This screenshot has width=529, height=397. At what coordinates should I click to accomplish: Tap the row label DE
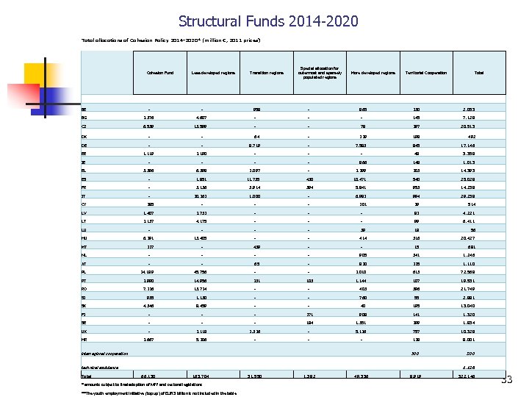click(84, 146)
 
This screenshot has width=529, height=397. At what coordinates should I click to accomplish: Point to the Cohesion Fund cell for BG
click(159, 118)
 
